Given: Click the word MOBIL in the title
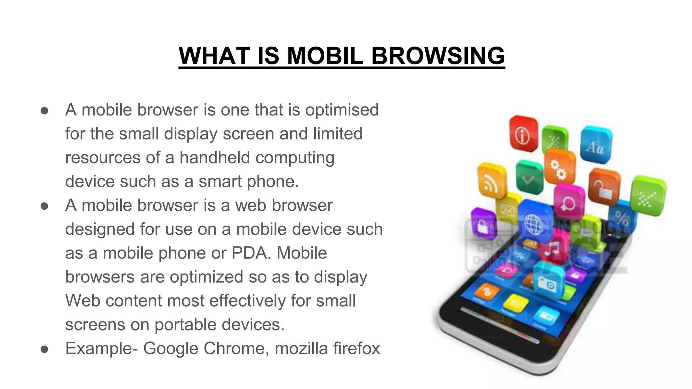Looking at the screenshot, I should coord(325,56).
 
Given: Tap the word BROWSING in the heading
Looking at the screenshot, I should coord(438,56).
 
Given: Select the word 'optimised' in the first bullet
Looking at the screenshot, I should coord(342,110).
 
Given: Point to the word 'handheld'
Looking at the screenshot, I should coord(215,158).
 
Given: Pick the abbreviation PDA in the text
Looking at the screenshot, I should coord(251,253).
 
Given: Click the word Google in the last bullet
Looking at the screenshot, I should coord(170,348).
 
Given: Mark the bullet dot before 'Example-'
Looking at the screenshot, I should coord(45,349).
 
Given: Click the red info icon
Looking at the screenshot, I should coord(523,134).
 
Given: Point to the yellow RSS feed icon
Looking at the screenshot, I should coord(492,181).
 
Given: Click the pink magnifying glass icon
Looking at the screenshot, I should coord(569,202).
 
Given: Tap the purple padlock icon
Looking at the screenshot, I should coord(484,224).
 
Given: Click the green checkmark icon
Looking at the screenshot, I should coord(528,177).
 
